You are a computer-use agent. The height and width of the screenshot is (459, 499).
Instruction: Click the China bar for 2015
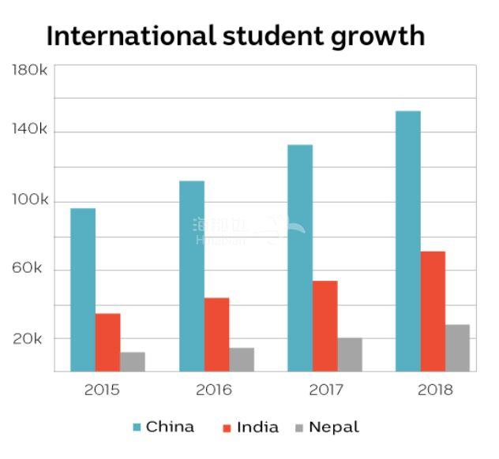pyautogui.click(x=83, y=289)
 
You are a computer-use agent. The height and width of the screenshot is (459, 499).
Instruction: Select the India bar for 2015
pyautogui.click(x=108, y=342)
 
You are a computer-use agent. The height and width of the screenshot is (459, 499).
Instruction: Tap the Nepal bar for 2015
pyautogui.click(x=133, y=361)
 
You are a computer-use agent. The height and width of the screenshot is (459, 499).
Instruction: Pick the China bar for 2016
pyautogui.click(x=192, y=276)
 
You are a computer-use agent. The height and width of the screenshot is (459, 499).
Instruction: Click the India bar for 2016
pyautogui.click(x=217, y=334)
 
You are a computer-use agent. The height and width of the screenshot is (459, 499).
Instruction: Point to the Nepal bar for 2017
pyautogui.click(x=350, y=354)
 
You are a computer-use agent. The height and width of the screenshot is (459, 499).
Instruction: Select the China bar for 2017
pyautogui.click(x=300, y=258)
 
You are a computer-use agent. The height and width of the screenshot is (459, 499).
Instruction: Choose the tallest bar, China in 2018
pyautogui.click(x=408, y=241)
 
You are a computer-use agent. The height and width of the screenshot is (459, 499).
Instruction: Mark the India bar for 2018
pyautogui.click(x=433, y=311)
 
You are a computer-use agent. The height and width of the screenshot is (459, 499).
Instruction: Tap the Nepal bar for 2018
pyautogui.click(x=457, y=347)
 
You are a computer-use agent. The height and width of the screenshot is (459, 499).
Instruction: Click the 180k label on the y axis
pyautogui.click(x=30, y=71)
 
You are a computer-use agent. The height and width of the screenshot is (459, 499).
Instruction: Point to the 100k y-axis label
pyautogui.click(x=30, y=201)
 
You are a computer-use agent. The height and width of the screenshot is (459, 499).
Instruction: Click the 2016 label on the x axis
pyautogui.click(x=213, y=390)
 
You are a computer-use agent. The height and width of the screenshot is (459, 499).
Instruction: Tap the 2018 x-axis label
pyautogui.click(x=434, y=390)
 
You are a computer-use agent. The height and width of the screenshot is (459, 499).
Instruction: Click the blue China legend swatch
pyautogui.click(x=137, y=427)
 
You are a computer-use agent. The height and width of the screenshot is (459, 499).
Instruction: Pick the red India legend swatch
pyautogui.click(x=227, y=427)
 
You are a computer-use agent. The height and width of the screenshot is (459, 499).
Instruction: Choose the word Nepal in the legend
pyautogui.click(x=333, y=427)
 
